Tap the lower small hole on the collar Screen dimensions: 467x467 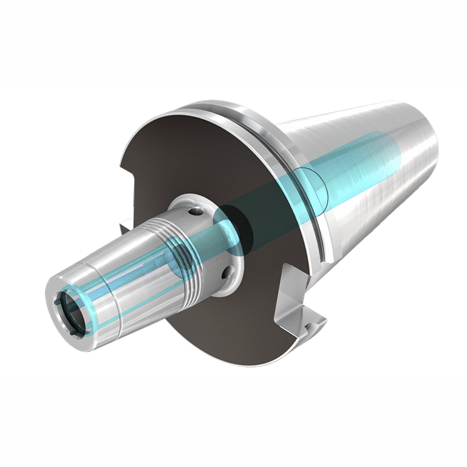225,271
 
